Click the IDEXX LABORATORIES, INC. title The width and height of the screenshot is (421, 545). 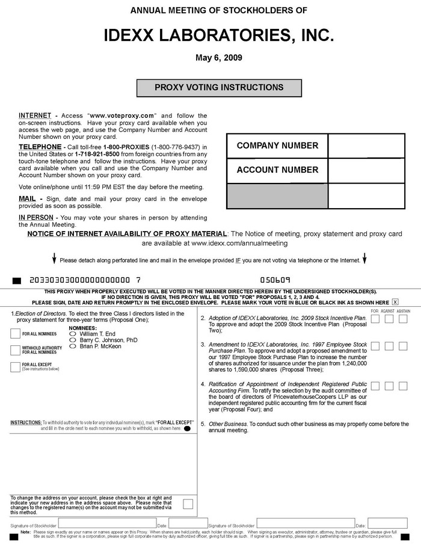219,35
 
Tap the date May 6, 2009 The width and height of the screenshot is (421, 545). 219,58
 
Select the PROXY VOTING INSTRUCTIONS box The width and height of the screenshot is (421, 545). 219,87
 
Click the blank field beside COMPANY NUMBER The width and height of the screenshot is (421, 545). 366,146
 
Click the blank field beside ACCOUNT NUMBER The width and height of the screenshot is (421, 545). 366,170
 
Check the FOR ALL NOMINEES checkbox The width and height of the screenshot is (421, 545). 16,334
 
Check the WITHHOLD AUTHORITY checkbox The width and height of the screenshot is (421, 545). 16,350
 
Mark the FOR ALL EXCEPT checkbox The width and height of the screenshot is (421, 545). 16,366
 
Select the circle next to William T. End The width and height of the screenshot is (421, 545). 73,333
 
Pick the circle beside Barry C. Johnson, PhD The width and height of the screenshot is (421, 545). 73,340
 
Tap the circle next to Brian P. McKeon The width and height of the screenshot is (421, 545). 73,346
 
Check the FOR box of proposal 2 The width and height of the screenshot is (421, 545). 375,319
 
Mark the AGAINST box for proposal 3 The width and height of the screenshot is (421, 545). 389,346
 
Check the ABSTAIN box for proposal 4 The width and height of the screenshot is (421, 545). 402,386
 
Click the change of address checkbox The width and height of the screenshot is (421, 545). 188,504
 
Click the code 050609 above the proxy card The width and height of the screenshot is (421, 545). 275,280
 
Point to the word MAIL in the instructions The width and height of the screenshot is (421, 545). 27,199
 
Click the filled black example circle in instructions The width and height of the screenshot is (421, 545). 187,429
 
